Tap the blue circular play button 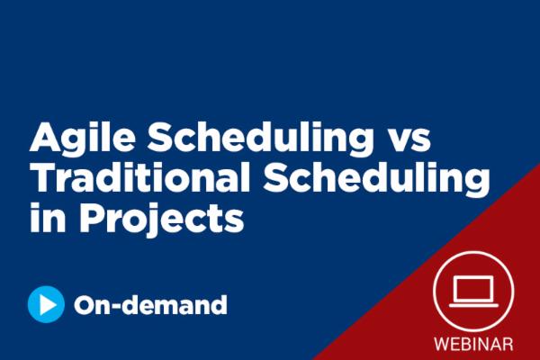click(46, 304)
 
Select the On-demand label click(150, 305)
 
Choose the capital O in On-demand click(86, 305)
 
